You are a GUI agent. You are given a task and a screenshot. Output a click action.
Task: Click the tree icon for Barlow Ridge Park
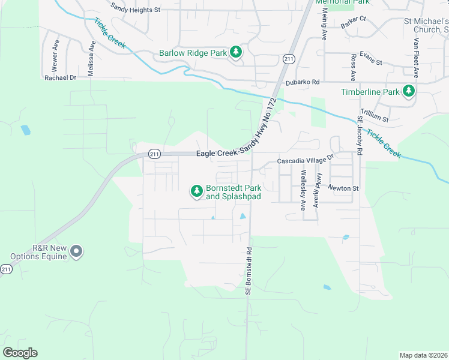click(236, 53)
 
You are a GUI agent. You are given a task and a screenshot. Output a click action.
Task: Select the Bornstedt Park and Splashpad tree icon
click(196, 191)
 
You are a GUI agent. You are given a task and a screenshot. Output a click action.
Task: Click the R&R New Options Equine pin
click(76, 251)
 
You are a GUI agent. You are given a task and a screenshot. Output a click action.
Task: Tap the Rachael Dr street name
click(61, 77)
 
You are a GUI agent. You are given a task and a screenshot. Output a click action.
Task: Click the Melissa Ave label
click(92, 59)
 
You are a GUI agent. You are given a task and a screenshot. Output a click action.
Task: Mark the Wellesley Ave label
click(303, 190)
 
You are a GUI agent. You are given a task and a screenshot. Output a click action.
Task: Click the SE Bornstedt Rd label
click(247, 272)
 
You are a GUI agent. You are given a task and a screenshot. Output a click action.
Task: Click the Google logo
click(20, 352)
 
